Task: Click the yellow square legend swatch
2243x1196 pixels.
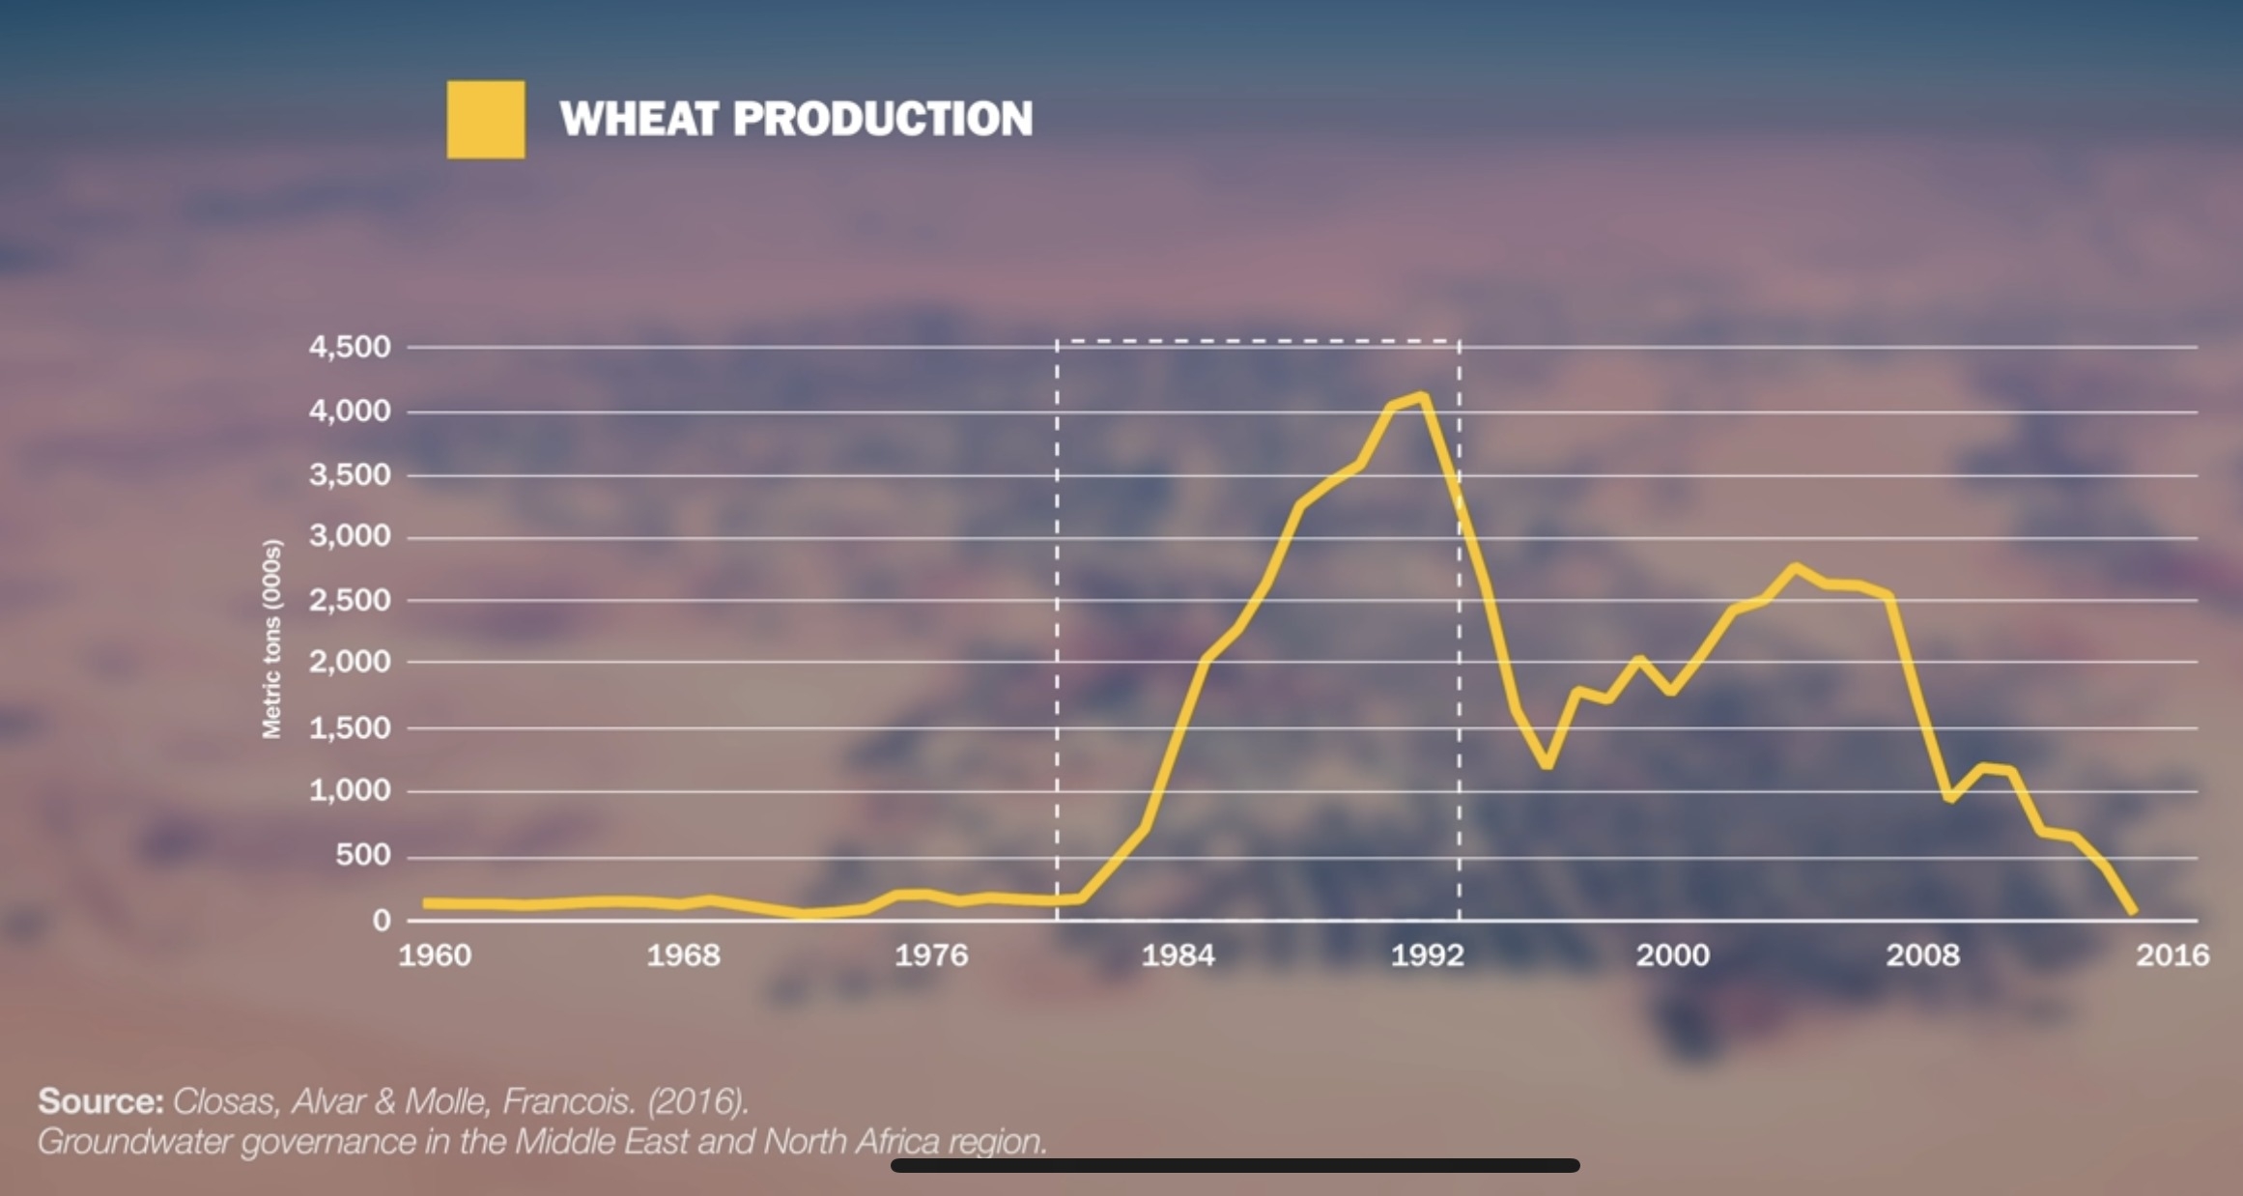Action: point(486,120)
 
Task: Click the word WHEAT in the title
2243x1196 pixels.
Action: point(639,119)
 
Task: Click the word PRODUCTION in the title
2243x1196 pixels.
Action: point(882,119)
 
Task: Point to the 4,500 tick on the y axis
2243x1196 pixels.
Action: point(350,347)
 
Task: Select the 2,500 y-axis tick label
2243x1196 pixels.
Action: point(350,600)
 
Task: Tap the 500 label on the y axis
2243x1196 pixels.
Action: point(363,855)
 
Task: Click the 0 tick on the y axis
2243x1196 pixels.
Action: point(382,920)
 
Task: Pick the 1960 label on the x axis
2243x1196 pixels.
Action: point(435,955)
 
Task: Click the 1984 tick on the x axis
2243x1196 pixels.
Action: point(1178,955)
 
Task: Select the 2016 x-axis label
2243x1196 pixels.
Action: point(2172,955)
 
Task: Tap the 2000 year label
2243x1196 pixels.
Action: point(1672,955)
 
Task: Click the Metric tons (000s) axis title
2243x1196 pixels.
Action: point(272,639)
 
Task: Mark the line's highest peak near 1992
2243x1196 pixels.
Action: point(1421,396)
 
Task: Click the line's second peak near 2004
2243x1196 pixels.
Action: point(1795,568)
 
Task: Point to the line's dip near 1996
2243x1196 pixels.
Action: point(1547,764)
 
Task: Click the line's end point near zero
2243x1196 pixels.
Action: point(2132,910)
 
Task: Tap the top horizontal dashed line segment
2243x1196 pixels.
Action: point(1257,341)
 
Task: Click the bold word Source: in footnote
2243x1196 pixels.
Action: point(100,1101)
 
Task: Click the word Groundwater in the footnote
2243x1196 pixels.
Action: point(134,1142)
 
